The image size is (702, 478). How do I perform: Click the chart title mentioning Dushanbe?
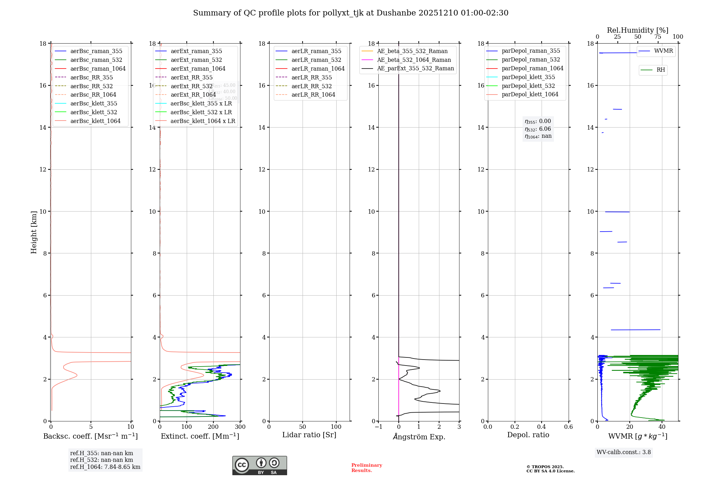pyautogui.click(x=351, y=13)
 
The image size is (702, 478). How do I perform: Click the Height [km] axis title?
pyautogui.click(x=34, y=232)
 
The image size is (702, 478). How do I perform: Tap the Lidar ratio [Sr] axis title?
pyautogui.click(x=309, y=435)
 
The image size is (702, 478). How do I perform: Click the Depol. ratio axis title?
pyautogui.click(x=528, y=435)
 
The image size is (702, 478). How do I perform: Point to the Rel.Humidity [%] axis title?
pyautogui.click(x=637, y=30)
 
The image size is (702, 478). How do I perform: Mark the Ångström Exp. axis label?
pyautogui.click(x=419, y=437)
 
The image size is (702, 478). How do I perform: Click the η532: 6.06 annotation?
pyautogui.click(x=538, y=129)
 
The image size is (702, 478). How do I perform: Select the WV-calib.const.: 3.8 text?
pyautogui.click(x=624, y=452)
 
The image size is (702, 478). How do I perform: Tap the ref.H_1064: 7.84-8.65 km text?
pyautogui.click(x=105, y=467)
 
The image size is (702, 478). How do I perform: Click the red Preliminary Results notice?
pyautogui.click(x=366, y=468)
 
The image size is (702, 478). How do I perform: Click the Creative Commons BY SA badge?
pyautogui.click(x=259, y=465)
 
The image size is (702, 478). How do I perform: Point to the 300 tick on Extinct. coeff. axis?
pyautogui.click(x=240, y=427)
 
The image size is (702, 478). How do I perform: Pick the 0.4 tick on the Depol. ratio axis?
pyautogui.click(x=542, y=427)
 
